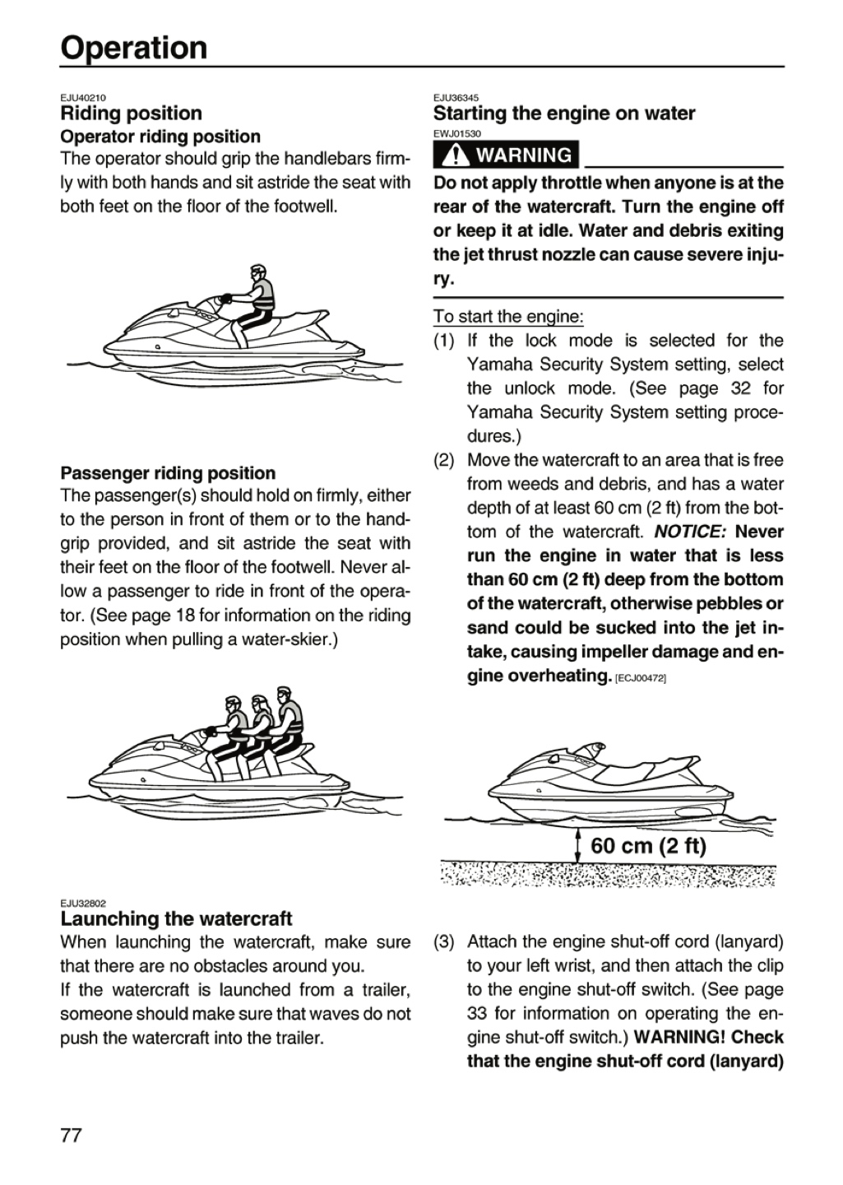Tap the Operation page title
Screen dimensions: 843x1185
click(x=134, y=48)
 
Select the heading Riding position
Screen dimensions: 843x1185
click(x=131, y=114)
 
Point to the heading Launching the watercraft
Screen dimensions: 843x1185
click(x=176, y=919)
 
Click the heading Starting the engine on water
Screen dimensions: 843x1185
click(x=564, y=114)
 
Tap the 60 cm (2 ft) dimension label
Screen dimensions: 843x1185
click(x=648, y=845)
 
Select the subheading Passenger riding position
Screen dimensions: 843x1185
click(x=168, y=473)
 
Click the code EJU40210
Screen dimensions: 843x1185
click(x=83, y=98)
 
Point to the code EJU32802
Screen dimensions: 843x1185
click(x=83, y=904)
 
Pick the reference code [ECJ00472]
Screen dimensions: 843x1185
click(x=641, y=679)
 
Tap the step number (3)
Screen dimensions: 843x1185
click(x=444, y=942)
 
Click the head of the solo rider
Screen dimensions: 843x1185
click(x=257, y=273)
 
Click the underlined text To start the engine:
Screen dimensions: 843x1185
click(x=508, y=316)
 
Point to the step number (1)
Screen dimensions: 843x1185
click(x=444, y=341)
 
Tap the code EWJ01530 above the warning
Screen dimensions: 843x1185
click(x=457, y=134)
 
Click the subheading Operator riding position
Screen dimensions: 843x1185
click(x=160, y=137)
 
